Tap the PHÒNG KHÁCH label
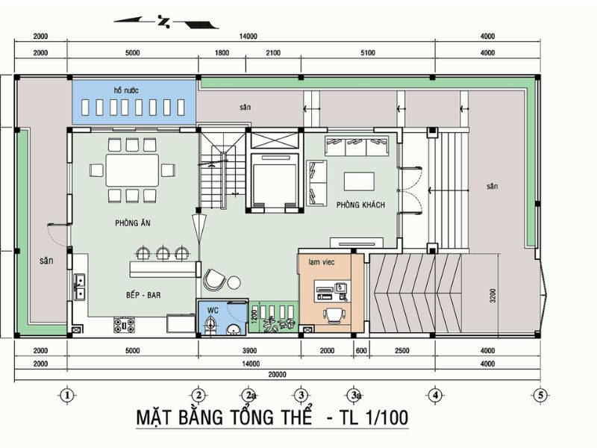(x=360, y=205)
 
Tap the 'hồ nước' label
(x=127, y=90)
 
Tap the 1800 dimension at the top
(x=222, y=53)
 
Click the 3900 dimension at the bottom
(x=249, y=351)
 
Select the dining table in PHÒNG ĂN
(x=132, y=169)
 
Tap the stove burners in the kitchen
(x=123, y=325)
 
